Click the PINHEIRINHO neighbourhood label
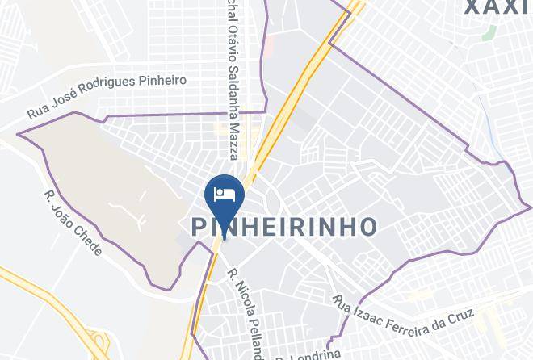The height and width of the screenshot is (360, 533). (x=285, y=227)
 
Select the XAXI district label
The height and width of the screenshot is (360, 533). (x=497, y=8)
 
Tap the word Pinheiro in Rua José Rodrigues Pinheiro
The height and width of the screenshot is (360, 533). (x=165, y=81)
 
